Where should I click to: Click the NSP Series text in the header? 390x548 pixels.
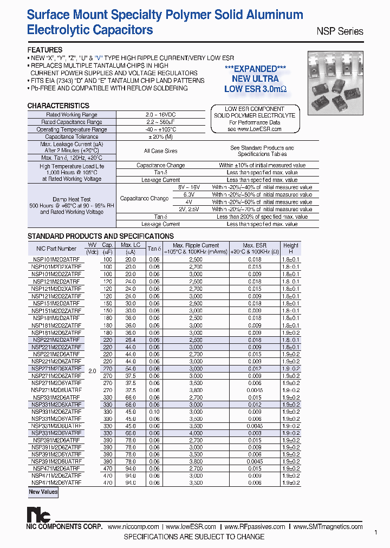(340, 31)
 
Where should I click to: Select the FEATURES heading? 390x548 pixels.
(45, 50)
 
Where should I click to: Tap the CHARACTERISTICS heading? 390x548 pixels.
(58, 106)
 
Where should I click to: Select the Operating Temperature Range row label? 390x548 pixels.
(71, 129)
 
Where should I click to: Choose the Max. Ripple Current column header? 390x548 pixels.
(196, 249)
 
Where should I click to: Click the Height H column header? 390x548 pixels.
(291, 249)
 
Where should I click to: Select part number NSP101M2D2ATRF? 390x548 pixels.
(56, 259)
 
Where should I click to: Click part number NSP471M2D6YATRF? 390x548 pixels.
(56, 482)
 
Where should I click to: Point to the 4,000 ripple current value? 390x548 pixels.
(196, 432)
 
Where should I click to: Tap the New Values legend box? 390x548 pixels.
(43, 492)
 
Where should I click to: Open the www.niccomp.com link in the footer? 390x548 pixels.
(133, 526)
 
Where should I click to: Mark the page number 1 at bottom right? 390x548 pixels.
(376, 533)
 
